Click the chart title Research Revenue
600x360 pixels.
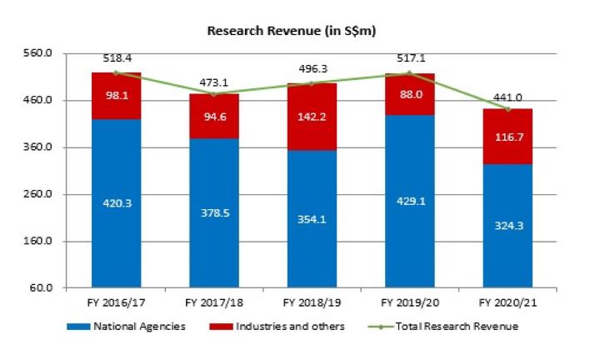click(x=292, y=30)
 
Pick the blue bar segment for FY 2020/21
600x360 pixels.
click(x=507, y=225)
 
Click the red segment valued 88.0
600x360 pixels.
click(x=410, y=94)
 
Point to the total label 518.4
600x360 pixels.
click(x=117, y=59)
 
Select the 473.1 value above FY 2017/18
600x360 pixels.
click(x=215, y=82)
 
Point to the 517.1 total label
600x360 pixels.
click(x=410, y=59)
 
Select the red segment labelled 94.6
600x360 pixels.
click(x=215, y=115)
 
